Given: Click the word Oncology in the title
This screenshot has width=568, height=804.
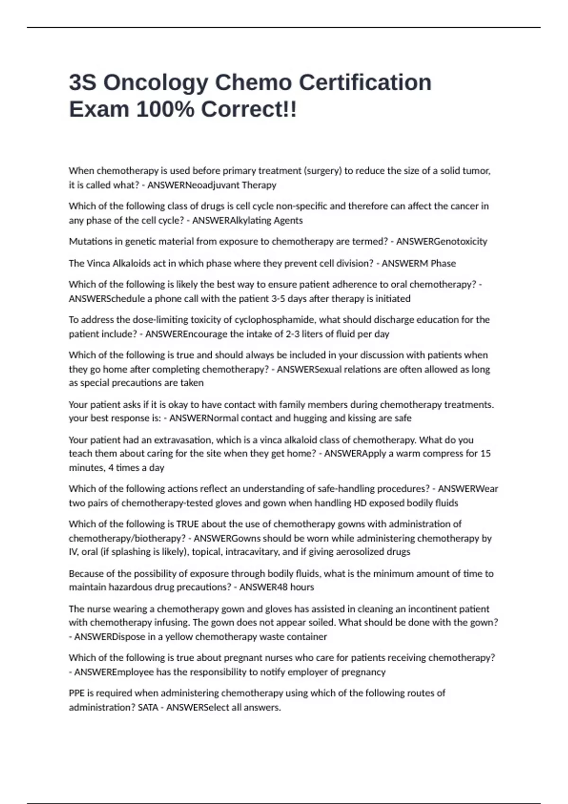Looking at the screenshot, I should (x=155, y=83).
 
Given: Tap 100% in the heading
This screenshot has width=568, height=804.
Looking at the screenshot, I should (x=165, y=110).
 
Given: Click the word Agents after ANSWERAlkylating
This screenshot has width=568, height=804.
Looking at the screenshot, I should (x=288, y=220).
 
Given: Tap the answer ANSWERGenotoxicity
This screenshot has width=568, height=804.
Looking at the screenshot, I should (x=441, y=242).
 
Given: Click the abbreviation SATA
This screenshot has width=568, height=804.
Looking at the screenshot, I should (x=148, y=708).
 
